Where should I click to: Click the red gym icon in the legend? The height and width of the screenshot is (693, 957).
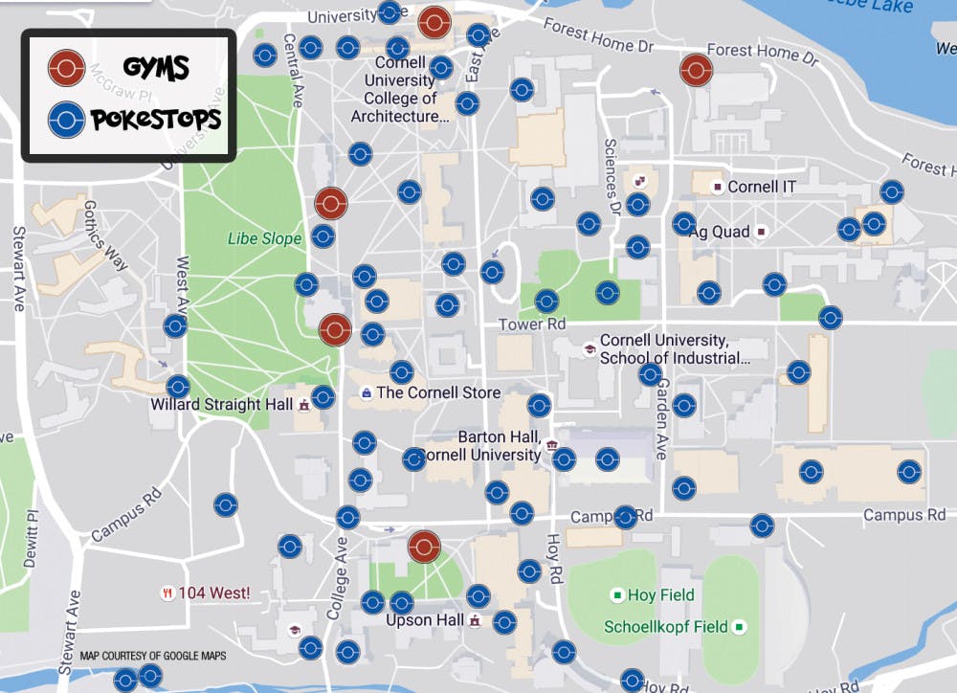click(x=66, y=68)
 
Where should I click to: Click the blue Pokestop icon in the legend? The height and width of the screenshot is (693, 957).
click(x=66, y=120)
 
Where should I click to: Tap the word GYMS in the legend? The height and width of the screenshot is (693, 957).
click(x=156, y=68)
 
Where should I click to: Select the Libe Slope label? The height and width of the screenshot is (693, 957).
click(x=264, y=238)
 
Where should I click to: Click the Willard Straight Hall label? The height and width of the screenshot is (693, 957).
click(x=221, y=405)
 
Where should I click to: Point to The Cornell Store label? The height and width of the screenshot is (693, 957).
click(x=438, y=392)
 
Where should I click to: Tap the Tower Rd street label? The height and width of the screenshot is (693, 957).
click(x=532, y=325)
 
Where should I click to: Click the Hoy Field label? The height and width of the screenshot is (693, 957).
click(x=660, y=595)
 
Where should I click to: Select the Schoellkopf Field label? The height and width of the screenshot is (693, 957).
click(x=666, y=628)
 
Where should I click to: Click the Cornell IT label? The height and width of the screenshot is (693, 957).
click(x=768, y=187)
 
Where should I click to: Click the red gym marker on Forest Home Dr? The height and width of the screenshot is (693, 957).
click(x=696, y=70)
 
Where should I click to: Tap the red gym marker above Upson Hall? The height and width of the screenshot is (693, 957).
click(x=424, y=547)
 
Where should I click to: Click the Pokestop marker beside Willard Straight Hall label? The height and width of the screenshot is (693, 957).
click(x=323, y=397)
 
